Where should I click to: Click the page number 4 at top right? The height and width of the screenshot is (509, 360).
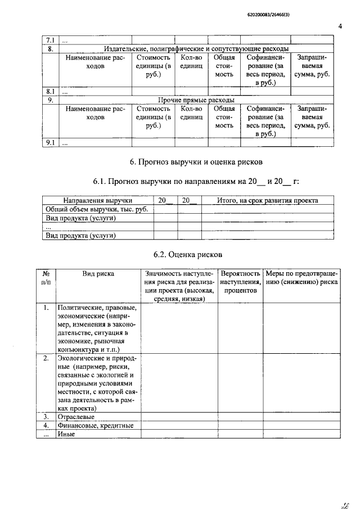coord(341,25)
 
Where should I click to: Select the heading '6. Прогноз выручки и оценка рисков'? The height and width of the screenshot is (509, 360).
coord(196,163)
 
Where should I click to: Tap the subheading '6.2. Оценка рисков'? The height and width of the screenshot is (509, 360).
coord(191,254)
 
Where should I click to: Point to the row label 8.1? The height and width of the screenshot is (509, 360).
coord(49,91)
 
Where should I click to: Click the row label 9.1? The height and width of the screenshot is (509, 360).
coord(49,143)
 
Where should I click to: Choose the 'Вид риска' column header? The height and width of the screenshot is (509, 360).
coord(98,274)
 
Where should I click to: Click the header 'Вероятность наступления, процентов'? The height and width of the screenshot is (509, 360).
coord(240,282)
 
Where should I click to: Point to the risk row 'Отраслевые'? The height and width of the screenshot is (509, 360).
coord(76,417)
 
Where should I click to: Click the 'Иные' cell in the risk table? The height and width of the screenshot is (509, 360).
coord(66,435)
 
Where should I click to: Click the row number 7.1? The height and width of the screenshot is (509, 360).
coord(49,40)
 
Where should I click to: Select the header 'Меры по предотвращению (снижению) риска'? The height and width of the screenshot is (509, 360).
coord(302,278)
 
